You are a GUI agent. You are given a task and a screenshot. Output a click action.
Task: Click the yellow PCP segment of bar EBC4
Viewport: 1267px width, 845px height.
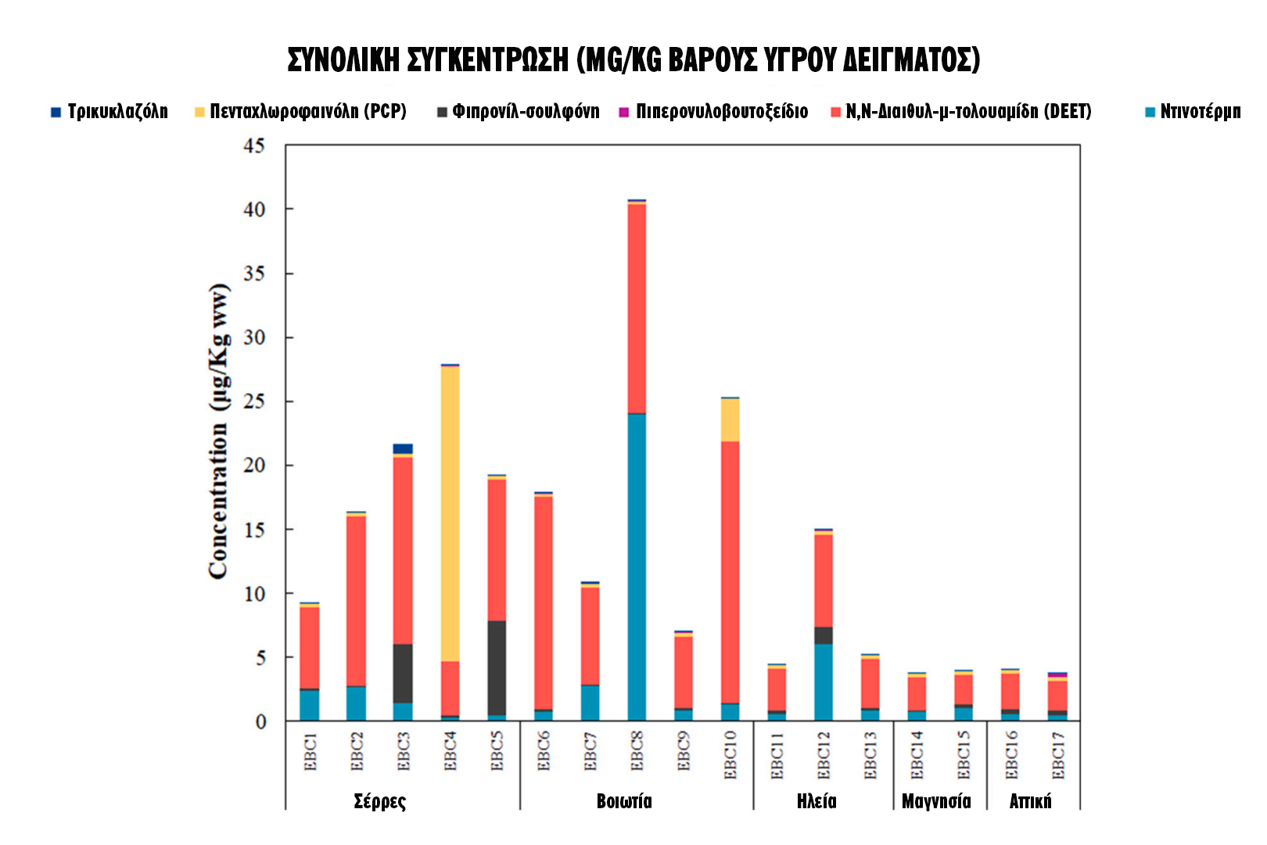450,512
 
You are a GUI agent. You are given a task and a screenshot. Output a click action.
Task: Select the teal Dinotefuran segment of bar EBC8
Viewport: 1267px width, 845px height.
637,566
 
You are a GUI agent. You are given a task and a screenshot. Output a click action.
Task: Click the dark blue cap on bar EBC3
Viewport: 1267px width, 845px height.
403,448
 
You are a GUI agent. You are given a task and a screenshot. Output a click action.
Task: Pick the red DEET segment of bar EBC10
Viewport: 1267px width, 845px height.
730,571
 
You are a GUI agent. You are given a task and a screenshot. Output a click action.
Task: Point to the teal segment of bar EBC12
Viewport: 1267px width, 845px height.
823,681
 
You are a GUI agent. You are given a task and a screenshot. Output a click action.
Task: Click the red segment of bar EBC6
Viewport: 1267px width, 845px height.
543,602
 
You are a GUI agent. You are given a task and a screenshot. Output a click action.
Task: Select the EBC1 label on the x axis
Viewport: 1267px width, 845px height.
310,752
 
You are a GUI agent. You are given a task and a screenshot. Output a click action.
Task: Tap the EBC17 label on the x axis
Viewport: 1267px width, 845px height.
1058,755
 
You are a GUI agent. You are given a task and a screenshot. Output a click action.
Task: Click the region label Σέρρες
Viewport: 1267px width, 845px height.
380,801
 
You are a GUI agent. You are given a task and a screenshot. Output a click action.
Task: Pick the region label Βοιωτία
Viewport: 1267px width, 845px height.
623,801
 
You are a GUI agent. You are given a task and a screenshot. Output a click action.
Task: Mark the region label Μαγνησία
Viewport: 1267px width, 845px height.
936,801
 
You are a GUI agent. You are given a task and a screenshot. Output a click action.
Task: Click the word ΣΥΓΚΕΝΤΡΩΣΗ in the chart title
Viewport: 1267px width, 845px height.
488,60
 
